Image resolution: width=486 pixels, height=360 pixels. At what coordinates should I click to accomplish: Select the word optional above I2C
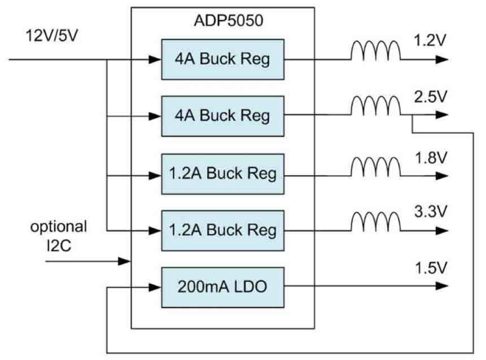pos(58,227)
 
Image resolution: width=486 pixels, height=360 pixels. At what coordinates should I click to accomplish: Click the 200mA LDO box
pos(222,287)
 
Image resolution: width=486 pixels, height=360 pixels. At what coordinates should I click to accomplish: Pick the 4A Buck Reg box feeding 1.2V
pos(222,59)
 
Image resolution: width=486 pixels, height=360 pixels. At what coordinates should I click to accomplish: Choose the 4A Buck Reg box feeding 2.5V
pos(222,116)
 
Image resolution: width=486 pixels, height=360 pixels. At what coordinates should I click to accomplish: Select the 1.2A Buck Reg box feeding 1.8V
pos(222,174)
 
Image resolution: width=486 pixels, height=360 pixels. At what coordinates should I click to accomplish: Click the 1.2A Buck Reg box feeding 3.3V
pos(222,230)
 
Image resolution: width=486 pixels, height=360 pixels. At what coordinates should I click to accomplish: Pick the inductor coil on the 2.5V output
pos(376,107)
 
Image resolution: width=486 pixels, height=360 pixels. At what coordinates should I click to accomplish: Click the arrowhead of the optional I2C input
pos(124,261)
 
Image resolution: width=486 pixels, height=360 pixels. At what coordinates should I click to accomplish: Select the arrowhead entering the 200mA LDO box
pos(155,287)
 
